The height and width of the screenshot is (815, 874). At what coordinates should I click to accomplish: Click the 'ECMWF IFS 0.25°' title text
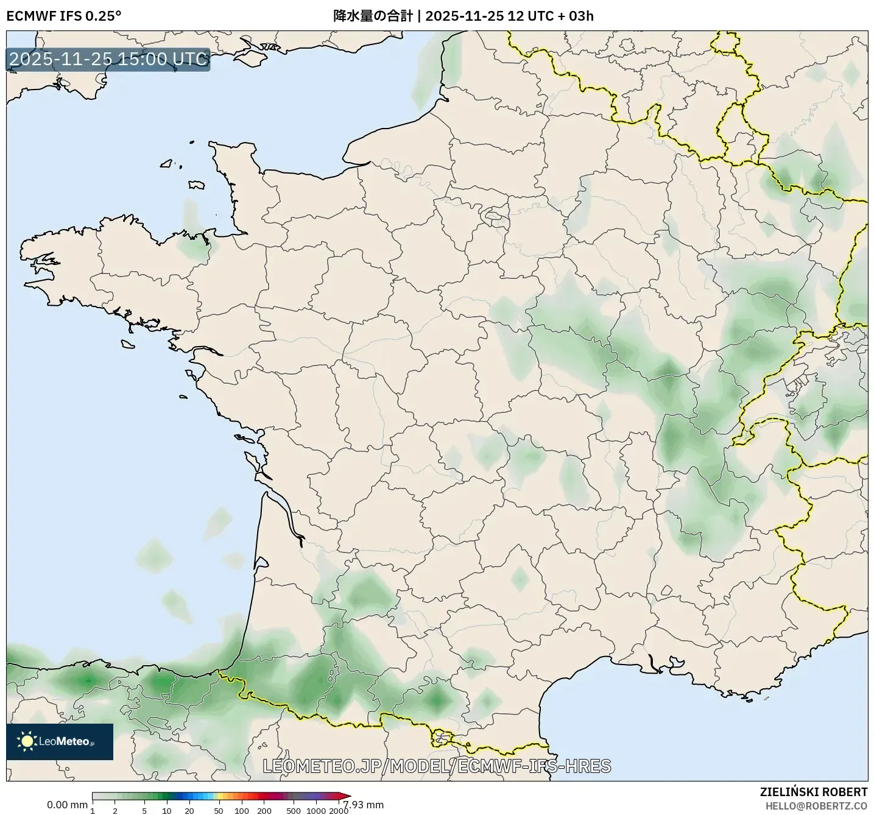[x=63, y=16]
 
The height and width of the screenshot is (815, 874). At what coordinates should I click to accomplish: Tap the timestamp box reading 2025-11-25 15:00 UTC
[x=108, y=59]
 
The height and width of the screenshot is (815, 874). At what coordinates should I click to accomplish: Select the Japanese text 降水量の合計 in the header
[x=372, y=16]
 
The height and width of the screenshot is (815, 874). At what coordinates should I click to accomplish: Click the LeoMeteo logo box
[x=60, y=741]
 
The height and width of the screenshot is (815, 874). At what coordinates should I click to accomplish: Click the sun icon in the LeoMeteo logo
[x=27, y=741]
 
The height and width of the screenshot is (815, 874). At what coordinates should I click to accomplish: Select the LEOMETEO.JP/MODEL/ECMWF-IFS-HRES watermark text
[x=437, y=766]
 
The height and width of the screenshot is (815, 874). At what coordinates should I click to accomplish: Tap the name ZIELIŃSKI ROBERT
[x=814, y=792]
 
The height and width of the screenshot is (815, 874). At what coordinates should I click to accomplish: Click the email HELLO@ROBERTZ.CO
[x=816, y=805]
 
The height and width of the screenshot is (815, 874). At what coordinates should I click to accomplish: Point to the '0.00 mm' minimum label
[x=67, y=805]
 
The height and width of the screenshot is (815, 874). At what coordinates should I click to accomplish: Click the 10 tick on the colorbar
[x=167, y=810]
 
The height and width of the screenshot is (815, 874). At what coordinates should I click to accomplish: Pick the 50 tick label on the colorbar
[x=219, y=810]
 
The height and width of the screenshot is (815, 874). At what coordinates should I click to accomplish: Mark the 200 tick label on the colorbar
[x=264, y=810]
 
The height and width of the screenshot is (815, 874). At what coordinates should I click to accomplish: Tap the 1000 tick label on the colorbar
[x=316, y=810]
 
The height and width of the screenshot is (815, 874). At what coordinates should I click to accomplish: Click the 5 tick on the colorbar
[x=144, y=810]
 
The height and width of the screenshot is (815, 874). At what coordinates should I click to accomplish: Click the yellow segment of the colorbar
[x=222, y=796]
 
